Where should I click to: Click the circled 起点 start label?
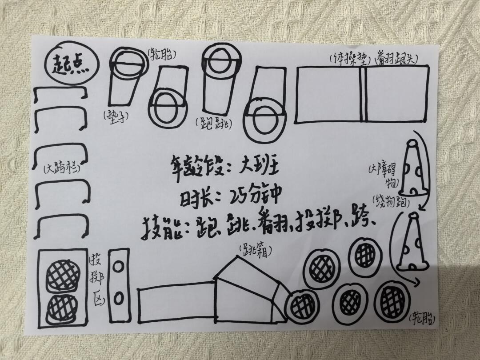pyautogui.click(x=72, y=64)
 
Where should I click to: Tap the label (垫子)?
pyautogui.click(x=116, y=116)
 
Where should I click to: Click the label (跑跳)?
pyautogui.click(x=213, y=124)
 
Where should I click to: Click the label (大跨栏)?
pyautogui.click(x=62, y=169)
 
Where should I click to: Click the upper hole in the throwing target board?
pyautogui.click(x=118, y=266)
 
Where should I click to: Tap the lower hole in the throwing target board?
pyautogui.click(x=119, y=298)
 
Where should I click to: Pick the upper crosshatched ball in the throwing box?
pyautogui.click(x=63, y=276)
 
